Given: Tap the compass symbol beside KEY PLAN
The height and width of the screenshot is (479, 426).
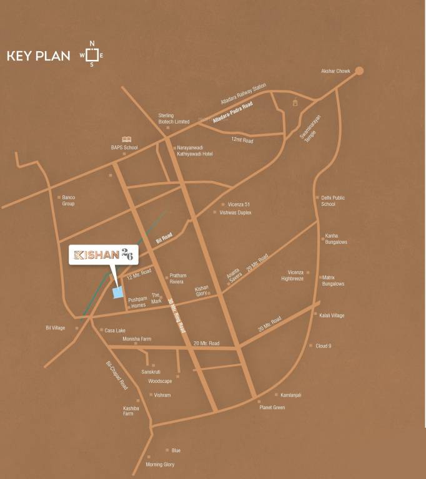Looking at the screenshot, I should point(91,54).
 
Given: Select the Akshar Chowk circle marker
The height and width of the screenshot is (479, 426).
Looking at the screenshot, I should point(359,71).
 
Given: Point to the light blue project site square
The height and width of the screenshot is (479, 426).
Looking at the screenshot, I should point(117,293).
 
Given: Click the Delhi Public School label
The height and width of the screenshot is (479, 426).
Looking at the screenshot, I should point(332,201).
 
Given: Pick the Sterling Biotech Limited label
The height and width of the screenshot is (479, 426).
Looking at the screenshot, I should point(174,119).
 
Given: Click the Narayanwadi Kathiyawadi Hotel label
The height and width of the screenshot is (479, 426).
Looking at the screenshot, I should point(195,150).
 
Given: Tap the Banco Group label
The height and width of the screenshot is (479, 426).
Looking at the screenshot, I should point(68,200).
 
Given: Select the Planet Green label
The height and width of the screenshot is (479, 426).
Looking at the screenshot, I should point(272,407).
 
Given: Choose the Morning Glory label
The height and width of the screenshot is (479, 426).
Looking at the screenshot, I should point(160,465).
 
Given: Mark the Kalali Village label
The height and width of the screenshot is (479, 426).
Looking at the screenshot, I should point(332,316).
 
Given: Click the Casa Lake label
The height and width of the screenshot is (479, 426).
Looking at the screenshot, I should point(115,330).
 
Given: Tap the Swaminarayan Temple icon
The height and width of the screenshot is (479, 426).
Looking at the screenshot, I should point(295,102).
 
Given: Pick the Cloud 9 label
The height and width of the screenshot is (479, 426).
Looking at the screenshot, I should point(323,346).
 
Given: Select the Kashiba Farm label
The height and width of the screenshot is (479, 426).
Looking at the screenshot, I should point(128,410).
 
